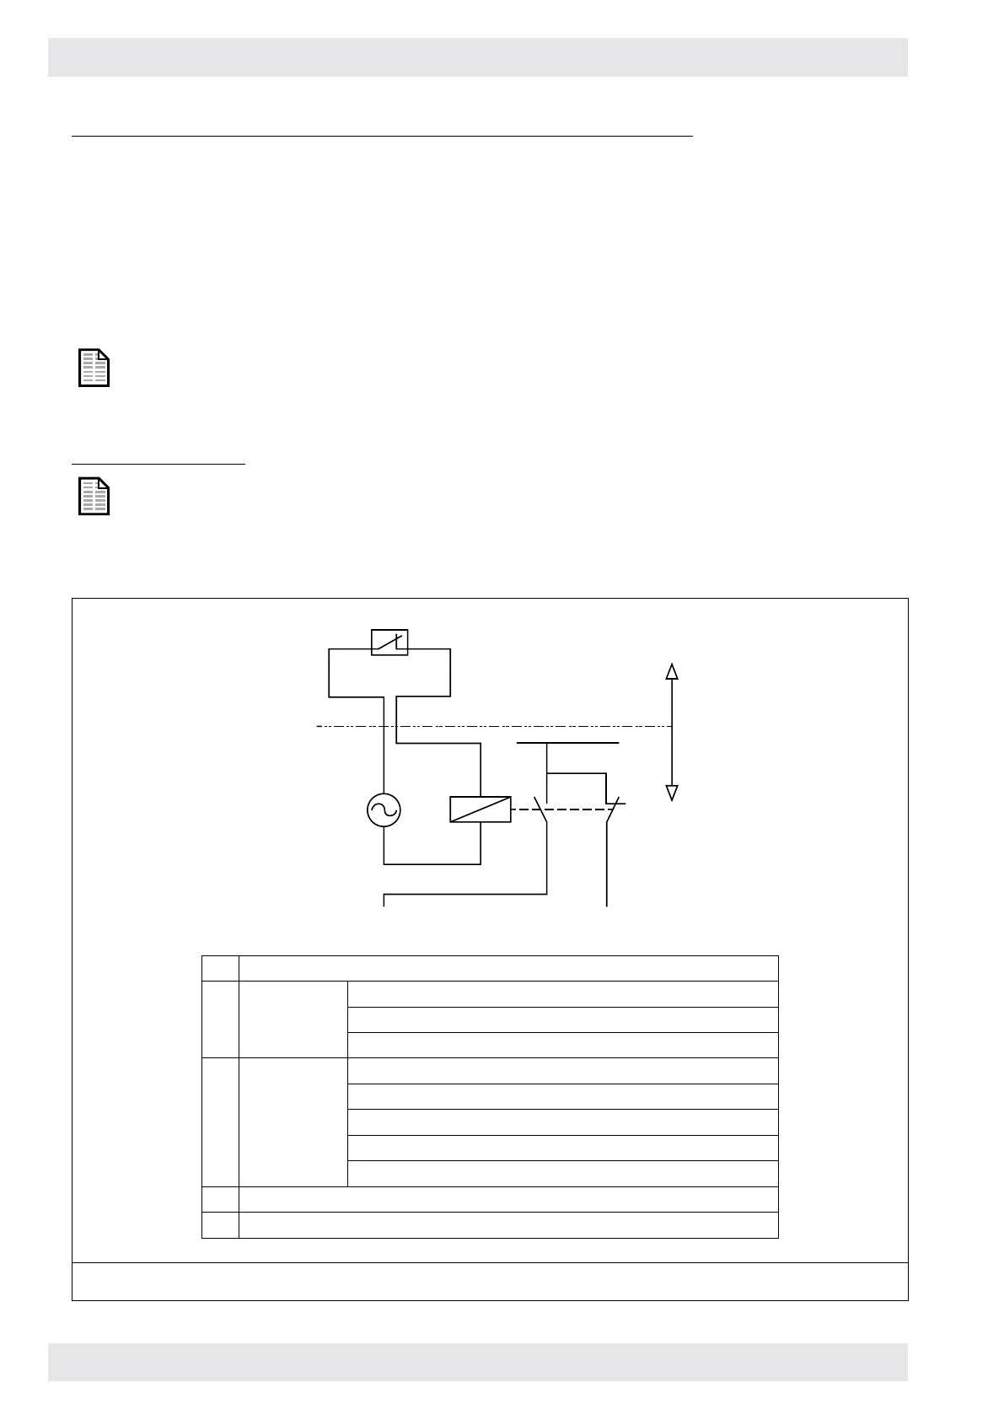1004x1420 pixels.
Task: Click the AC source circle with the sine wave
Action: pos(384,810)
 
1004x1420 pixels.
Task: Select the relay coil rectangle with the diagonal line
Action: pos(481,809)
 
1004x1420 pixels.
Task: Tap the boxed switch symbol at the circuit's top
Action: pos(389,643)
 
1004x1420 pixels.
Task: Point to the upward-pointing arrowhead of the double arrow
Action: pos(672,671)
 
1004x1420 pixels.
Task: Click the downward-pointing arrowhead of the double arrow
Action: pos(672,793)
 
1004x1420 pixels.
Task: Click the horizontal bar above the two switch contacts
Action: pos(567,744)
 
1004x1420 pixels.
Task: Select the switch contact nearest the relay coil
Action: pos(543,810)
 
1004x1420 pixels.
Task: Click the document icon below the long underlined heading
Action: pos(94,368)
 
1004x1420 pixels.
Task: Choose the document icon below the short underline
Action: pos(94,496)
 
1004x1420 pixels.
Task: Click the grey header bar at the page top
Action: pos(477,57)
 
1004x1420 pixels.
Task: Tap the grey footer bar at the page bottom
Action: pos(477,1362)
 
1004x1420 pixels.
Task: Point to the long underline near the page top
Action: pos(381,135)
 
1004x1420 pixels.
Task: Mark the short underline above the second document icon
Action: pos(158,463)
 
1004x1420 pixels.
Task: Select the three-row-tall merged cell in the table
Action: pos(293,1019)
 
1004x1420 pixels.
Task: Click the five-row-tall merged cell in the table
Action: pos(293,1121)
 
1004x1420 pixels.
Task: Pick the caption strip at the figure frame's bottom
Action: pos(489,1281)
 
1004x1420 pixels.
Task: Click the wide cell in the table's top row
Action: pos(507,968)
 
